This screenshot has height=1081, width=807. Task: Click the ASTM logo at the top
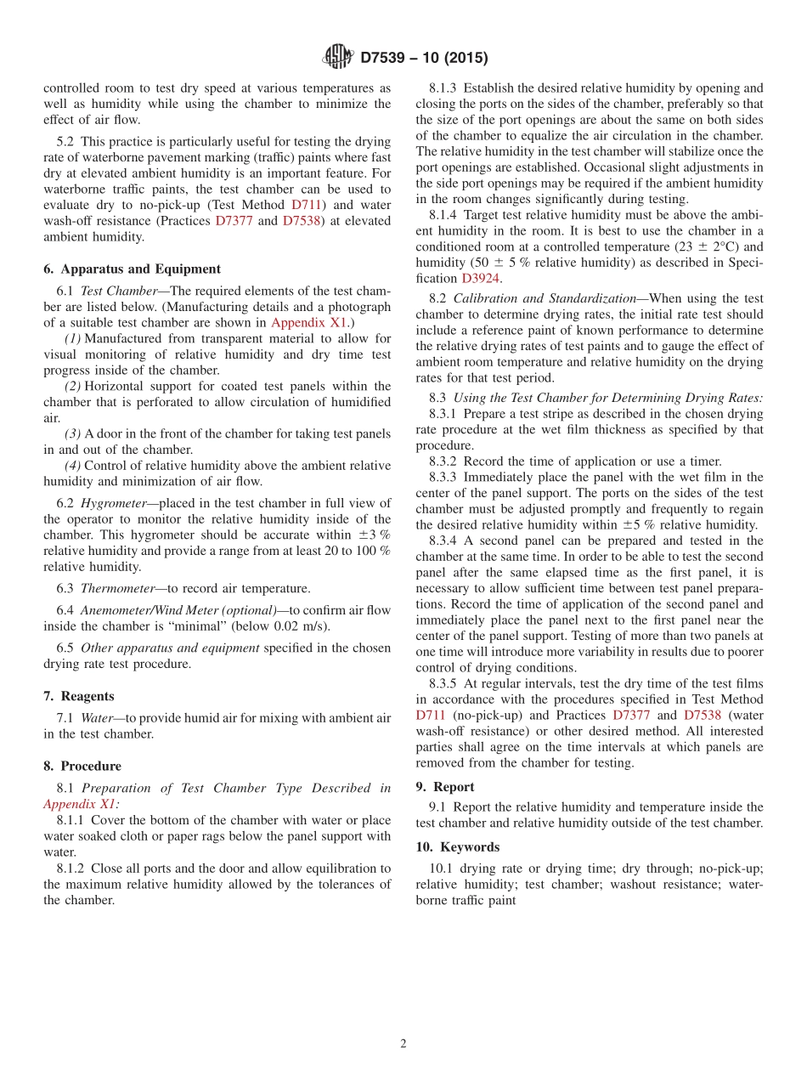coord(338,57)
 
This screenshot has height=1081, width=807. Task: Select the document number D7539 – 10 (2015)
coord(424,58)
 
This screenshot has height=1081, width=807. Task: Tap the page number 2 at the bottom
coord(403,1044)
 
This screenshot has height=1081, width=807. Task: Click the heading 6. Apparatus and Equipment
coord(132,269)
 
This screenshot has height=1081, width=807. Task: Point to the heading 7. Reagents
coord(79,696)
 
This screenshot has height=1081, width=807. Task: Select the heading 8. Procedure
coord(82,766)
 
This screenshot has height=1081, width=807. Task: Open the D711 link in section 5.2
coord(307,205)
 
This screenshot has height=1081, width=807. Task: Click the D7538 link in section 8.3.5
coord(702,716)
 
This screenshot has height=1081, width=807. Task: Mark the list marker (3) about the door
coord(72,433)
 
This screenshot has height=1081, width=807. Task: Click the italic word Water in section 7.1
coord(96,718)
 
